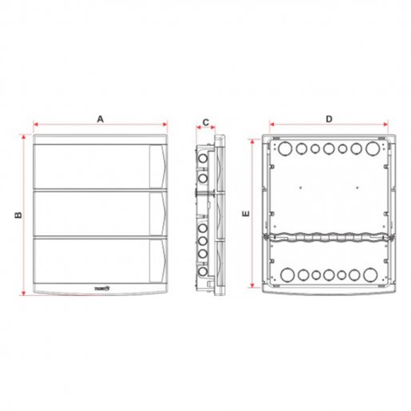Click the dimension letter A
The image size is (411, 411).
coord(101,118)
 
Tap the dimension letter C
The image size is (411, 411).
coord(204,123)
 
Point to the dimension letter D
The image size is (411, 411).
coord(330,119)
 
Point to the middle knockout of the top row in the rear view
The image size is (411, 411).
coord(329,148)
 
